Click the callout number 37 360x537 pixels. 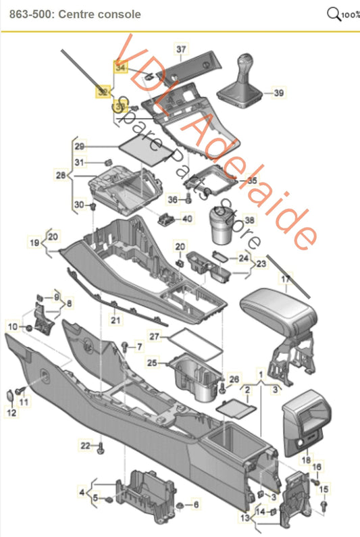[180, 49]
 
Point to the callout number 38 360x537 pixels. [249, 220]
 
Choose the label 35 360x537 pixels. [251, 181]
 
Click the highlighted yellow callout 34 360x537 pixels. [120, 67]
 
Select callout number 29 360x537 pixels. [79, 146]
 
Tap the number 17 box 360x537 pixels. [286, 278]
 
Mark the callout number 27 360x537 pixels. [154, 336]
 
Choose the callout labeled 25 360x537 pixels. [153, 363]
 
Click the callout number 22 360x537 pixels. [84, 445]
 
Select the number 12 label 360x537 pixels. [11, 413]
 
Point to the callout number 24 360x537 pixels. [242, 258]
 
